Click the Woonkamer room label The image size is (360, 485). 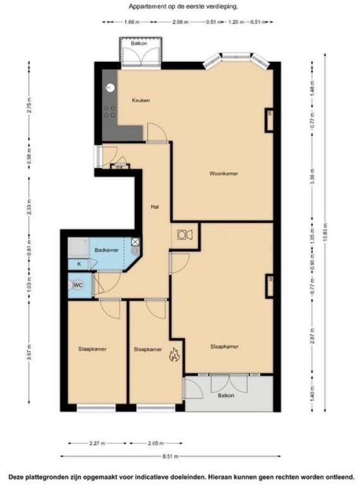pos(224,173)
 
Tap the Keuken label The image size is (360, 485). pos(140,101)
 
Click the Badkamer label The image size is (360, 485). pos(106,250)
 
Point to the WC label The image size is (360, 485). pos(78,285)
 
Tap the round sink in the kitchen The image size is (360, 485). pos(109,88)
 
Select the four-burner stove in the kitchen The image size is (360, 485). pos(109,112)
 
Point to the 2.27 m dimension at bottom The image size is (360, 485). pos(95,442)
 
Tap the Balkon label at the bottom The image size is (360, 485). pos(226,395)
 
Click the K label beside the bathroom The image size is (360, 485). pos(79,263)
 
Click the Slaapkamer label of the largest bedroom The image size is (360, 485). pos(224,346)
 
